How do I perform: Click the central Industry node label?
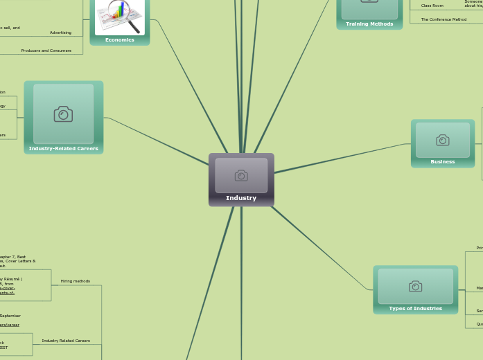[x=241, y=198]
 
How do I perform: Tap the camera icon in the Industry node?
[x=241, y=176]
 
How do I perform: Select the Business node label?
[x=443, y=162]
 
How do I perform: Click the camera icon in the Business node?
[x=443, y=141]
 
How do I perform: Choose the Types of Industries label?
[x=416, y=309]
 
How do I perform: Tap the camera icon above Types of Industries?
[x=416, y=287]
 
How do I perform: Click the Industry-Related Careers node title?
[x=64, y=149]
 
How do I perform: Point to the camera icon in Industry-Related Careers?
[x=63, y=114]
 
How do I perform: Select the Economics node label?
[x=120, y=40]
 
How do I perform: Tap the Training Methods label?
[x=369, y=24]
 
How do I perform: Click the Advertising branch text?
[x=60, y=33]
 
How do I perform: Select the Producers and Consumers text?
[x=46, y=51]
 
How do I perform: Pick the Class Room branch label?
[x=432, y=6]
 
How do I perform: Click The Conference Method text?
[x=444, y=19]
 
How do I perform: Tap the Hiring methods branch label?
[x=76, y=281]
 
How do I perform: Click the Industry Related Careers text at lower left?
[x=66, y=341]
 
